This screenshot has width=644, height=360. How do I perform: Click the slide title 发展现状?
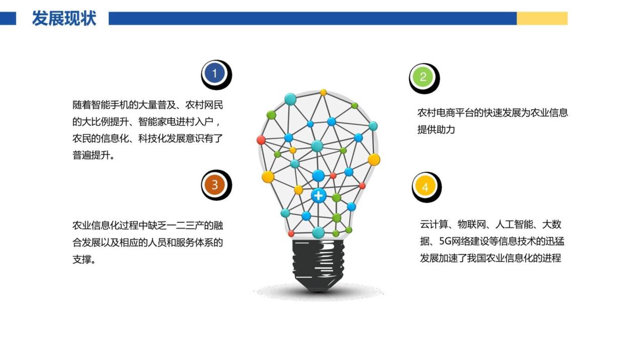tap(64, 18)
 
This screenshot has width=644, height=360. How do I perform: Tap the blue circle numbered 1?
tap(215, 74)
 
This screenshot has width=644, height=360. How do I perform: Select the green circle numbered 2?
tap(423, 77)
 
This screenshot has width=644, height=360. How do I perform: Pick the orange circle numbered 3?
tap(215, 184)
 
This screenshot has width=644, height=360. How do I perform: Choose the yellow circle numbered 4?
tap(425, 187)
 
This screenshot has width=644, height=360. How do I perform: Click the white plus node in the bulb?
tap(318, 196)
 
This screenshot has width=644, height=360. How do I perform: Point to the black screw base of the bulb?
tap(318, 265)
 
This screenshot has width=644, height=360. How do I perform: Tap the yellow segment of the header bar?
tap(542, 19)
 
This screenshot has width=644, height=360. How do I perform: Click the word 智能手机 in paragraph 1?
tap(110, 105)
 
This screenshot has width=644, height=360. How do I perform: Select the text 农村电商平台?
tap(445, 113)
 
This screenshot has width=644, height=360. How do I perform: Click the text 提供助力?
tap(436, 130)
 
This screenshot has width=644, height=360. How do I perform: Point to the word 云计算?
tap(434, 224)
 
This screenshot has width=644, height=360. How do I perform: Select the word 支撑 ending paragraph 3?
tap(82, 260)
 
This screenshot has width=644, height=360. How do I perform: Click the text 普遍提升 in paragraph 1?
tap(91, 156)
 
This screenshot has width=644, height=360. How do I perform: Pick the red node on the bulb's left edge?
tap(261, 140)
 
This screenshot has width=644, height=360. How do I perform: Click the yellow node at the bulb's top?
tap(323, 92)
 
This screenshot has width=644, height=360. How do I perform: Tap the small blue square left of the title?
tap(8, 19)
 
